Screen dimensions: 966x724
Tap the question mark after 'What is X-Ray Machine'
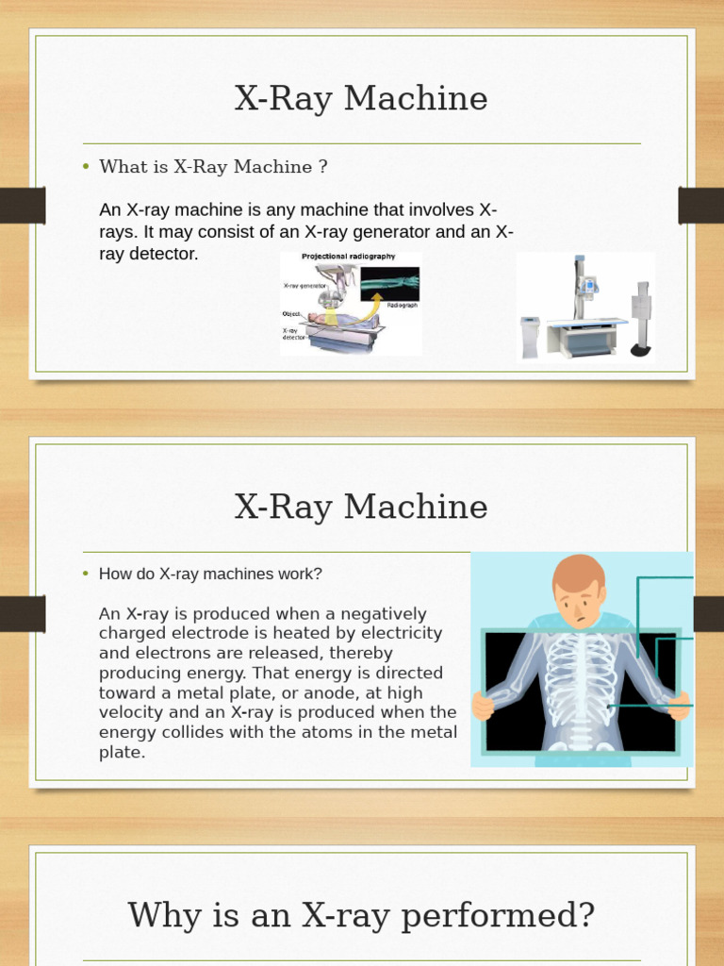click(322, 167)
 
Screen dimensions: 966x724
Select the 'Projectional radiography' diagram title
click(348, 257)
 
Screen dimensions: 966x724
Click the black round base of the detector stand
click(640, 350)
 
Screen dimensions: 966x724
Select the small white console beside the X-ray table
click(530, 337)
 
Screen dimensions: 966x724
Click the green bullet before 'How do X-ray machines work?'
click(85, 574)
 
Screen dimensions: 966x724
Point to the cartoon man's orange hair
click(578, 571)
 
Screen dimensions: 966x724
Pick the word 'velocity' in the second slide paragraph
click(133, 712)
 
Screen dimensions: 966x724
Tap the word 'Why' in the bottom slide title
click(161, 914)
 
